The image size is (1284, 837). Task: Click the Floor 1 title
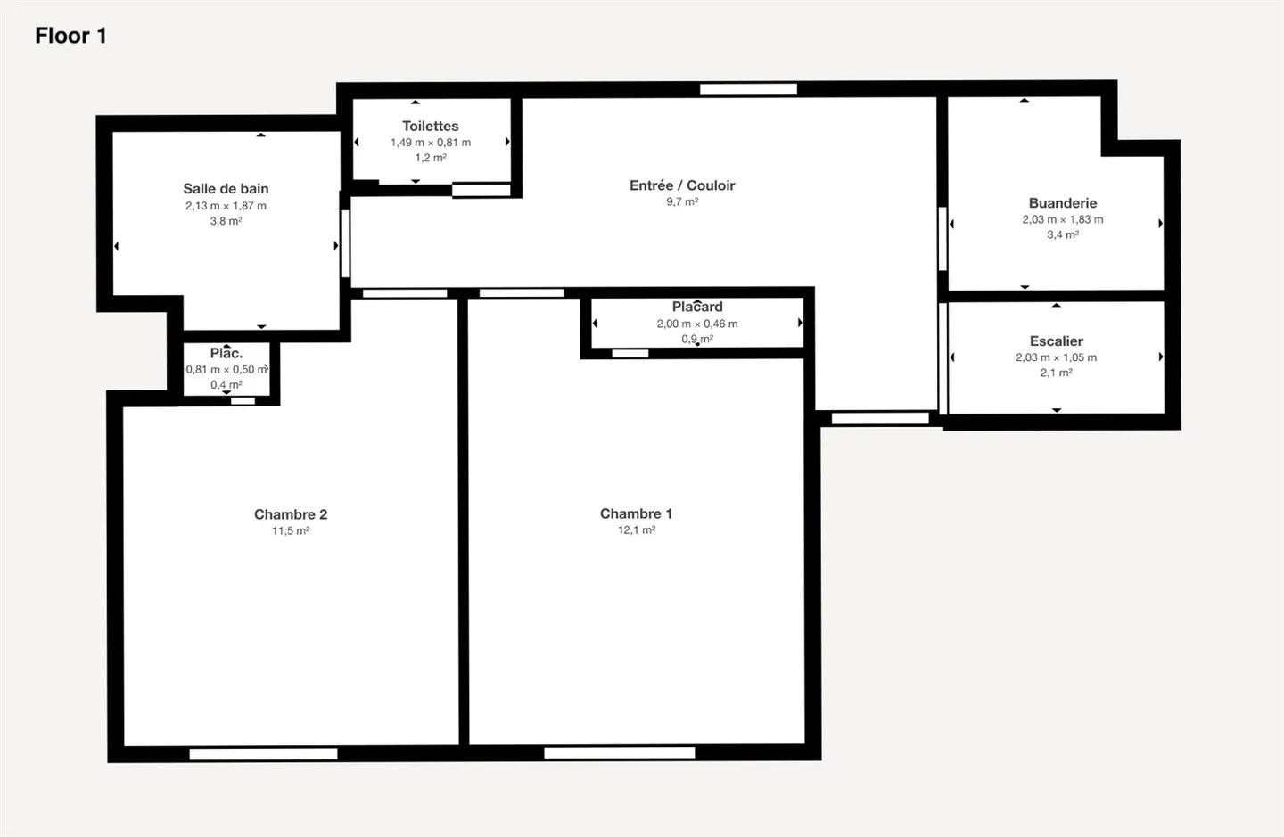tap(70, 36)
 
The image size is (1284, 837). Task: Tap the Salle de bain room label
tap(226, 189)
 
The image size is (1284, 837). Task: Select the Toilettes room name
tap(430, 127)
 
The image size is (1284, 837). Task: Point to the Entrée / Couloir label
tap(682, 185)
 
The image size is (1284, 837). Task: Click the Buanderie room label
tap(1062, 203)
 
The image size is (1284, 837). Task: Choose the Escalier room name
tap(1056, 341)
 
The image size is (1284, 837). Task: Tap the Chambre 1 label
tap(636, 513)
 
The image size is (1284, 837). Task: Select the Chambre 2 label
tap(291, 514)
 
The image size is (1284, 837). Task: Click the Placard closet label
tap(697, 307)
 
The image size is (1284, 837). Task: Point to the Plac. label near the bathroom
tap(226, 354)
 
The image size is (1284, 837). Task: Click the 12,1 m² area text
tap(637, 530)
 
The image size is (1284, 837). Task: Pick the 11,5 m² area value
tap(291, 531)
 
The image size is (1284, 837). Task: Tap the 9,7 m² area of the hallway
tap(682, 202)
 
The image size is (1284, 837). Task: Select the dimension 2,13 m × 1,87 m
tap(226, 206)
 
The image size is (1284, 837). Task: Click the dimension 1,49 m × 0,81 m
tap(430, 143)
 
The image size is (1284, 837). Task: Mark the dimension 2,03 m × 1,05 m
tap(1056, 357)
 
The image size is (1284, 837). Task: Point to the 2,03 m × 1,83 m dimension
tap(1062, 219)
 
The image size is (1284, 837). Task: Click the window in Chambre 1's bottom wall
tap(620, 753)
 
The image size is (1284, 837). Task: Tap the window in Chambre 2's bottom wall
tap(264, 754)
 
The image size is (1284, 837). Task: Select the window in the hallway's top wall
tap(748, 89)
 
